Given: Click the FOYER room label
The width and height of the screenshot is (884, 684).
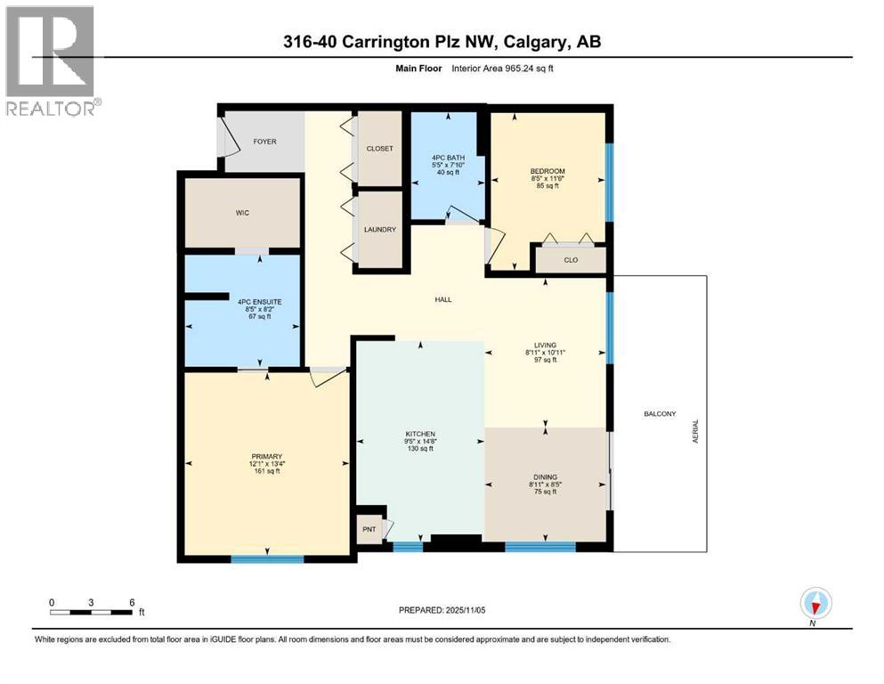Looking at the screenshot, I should (265, 142).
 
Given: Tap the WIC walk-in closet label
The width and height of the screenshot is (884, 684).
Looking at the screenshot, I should (241, 213).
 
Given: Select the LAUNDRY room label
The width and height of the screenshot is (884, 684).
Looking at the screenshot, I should (379, 230).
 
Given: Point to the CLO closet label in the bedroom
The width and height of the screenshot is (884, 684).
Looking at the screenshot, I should (571, 261).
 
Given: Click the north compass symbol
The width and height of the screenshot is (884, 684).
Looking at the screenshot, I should (815, 603).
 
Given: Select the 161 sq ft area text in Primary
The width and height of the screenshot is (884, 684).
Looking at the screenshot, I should (265, 471).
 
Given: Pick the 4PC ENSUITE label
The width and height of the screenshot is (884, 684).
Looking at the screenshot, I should (259, 302).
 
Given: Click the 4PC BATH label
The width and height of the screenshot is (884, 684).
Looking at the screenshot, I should (448, 157).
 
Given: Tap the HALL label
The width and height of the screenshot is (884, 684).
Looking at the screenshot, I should (443, 299).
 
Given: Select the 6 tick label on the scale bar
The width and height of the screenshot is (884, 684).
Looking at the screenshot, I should (132, 602).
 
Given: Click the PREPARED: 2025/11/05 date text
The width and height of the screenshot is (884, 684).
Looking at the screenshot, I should (442, 610).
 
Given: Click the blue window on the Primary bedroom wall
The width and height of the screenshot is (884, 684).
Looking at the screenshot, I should (267, 559).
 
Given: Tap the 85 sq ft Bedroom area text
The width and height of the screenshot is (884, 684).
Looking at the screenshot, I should (547, 185).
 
